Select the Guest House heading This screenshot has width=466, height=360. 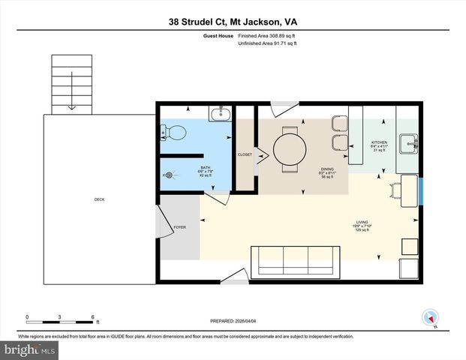tap(218, 35)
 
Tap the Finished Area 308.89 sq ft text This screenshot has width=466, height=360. tap(268, 35)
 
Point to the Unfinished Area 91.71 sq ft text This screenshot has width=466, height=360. tap(268, 44)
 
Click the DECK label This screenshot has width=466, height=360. tap(99, 199)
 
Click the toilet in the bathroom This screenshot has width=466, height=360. tap(174, 133)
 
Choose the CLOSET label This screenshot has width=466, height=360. tap(245, 154)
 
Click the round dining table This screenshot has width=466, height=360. tap(289, 146)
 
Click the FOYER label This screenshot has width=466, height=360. tap(179, 226)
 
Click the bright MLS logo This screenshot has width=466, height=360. tap(28, 350)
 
